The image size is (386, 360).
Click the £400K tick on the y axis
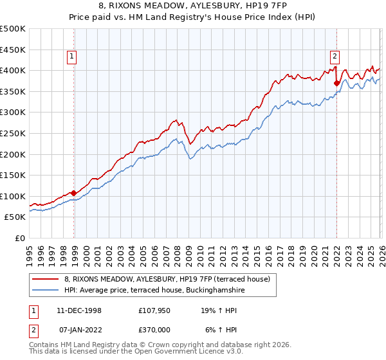13,70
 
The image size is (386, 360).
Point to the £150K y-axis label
13,175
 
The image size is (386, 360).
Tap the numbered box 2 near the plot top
335,56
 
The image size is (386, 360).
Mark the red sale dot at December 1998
74,192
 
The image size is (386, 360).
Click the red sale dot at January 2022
336,82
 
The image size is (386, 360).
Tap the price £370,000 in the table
157,330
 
